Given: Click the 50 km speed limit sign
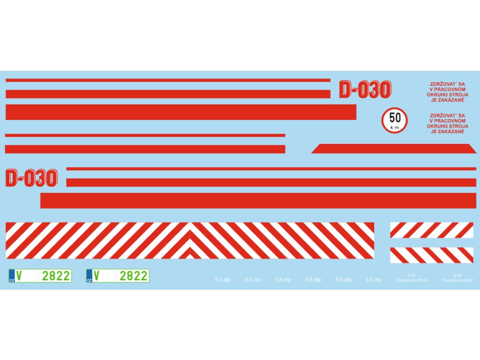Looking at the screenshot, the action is point(394,120).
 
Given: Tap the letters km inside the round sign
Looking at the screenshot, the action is point(394,127).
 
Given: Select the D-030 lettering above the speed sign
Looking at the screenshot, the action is point(365,90).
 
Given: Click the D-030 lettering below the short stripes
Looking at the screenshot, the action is point(31,178).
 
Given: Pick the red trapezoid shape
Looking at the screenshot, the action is point(394,149).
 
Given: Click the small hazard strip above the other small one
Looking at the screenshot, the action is point(432,230).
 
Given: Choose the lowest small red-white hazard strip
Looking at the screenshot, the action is point(432,255).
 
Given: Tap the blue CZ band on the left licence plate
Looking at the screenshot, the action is point(12,276).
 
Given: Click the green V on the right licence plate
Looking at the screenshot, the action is point(96,276).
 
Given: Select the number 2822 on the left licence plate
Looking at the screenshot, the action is point(56,276).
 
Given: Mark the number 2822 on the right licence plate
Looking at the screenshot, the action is point(134,276).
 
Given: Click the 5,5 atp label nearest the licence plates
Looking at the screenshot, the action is point(223,280).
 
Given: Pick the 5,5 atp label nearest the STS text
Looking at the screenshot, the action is point(374,280).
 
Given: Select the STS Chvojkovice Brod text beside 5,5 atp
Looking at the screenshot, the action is point(411,278).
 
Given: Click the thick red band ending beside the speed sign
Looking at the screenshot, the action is point(181,112).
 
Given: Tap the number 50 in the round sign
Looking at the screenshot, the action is point(395,118).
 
